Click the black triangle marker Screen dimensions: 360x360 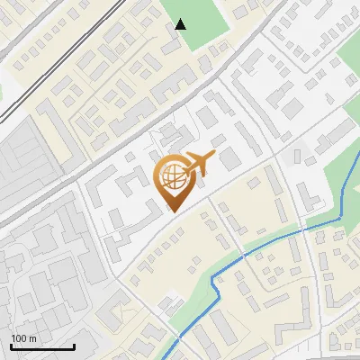tap(181, 24)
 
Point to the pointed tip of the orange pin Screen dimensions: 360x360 tap(172, 211)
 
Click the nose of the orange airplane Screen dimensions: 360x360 tap(214, 159)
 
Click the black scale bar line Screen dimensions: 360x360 tap(41, 346)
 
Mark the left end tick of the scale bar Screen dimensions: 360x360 tap(11, 345)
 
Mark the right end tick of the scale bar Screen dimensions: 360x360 tap(73, 345)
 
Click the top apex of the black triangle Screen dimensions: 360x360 tap(181, 19)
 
